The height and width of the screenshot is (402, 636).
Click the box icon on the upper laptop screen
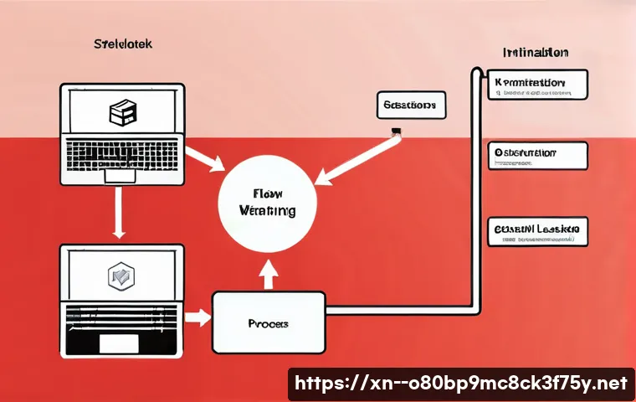[122, 112]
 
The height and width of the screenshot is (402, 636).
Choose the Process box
[268, 322]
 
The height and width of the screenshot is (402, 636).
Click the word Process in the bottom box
[268, 322]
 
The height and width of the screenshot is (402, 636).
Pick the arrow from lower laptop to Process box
[198, 317]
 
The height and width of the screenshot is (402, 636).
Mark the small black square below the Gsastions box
[396, 131]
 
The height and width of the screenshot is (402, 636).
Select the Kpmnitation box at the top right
[537, 85]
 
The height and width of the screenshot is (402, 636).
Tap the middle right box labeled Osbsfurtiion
[537, 156]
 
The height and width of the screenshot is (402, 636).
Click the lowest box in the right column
[537, 230]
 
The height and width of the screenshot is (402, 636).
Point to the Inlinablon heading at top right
[536, 52]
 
